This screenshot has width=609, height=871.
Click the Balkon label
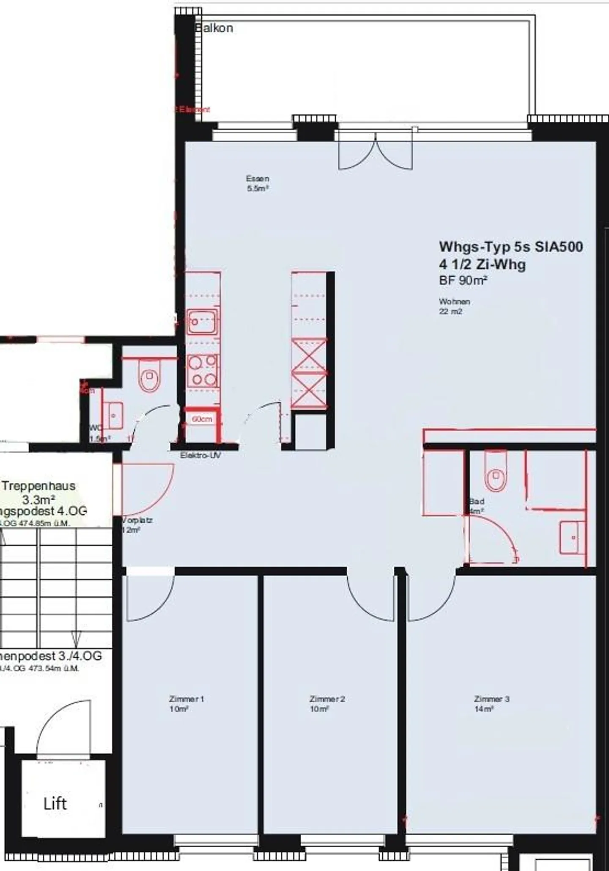[x=214, y=28]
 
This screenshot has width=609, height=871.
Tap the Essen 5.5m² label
[x=258, y=184]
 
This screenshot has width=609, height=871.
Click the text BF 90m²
[x=463, y=280]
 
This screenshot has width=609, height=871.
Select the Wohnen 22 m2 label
[x=454, y=306]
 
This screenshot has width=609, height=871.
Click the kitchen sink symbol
[x=203, y=322]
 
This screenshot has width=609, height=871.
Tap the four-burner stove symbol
[x=203, y=370]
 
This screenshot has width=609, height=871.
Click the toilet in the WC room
[x=149, y=375]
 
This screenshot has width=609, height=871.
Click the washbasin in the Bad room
[x=572, y=537]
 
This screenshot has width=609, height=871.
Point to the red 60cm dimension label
[x=202, y=419]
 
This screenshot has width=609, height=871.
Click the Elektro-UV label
[x=200, y=455]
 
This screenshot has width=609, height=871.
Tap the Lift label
[x=55, y=804]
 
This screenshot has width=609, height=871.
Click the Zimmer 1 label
[x=187, y=699]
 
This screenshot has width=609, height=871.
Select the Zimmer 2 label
[x=327, y=699]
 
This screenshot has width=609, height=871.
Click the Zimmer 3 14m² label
[x=491, y=704]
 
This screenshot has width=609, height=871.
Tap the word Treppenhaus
[x=38, y=486]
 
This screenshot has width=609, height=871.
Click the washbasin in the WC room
[x=113, y=415]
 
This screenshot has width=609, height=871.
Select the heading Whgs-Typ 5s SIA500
[x=511, y=247]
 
